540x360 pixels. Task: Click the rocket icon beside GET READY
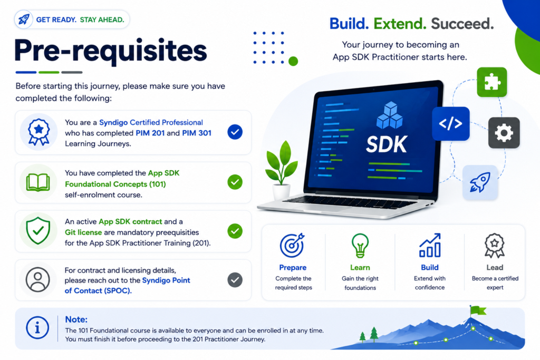point(24,20)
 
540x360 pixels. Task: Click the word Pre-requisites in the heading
point(111,51)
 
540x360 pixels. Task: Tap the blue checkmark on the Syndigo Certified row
point(235,132)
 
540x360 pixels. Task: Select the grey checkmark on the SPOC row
point(235,280)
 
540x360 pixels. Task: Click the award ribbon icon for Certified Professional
point(38,132)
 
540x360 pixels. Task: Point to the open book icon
point(38,182)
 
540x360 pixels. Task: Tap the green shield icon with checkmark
point(38,230)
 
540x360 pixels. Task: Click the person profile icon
point(38,279)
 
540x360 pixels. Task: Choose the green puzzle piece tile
point(492,82)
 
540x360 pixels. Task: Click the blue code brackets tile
point(451,123)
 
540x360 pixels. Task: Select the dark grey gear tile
point(504,133)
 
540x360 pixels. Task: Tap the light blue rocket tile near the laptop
point(480,182)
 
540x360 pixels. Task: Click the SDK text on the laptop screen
point(387,144)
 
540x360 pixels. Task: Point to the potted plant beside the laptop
point(281,170)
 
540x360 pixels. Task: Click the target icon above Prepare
point(292,246)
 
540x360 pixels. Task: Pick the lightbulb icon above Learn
point(360,246)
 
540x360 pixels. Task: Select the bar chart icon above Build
point(430,246)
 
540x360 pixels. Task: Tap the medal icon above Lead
point(495,246)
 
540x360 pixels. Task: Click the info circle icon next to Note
point(37,328)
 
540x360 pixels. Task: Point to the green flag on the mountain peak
point(478,310)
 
